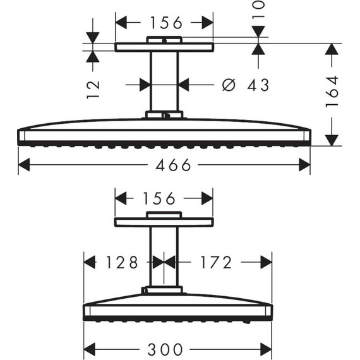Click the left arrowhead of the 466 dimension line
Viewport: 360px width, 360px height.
[x=24, y=165]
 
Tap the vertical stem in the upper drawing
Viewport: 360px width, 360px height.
[x=164, y=82]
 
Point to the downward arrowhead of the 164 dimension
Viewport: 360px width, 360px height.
[x=333, y=140]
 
